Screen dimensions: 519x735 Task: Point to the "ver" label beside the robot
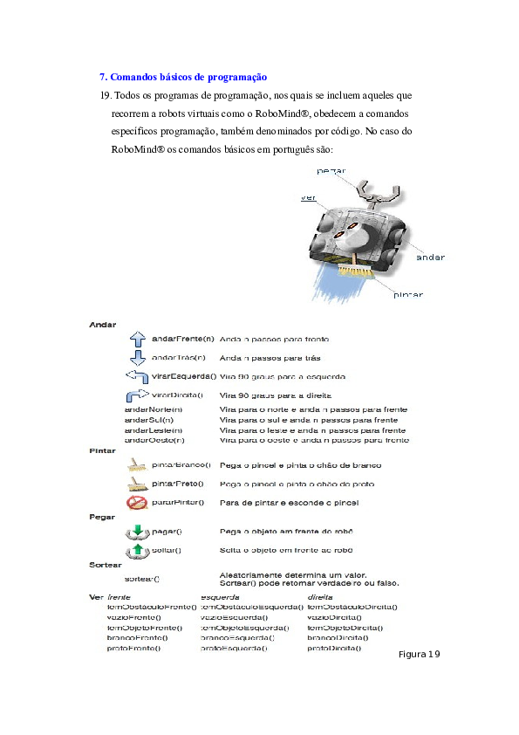click(x=307, y=198)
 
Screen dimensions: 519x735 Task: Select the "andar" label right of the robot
click(x=429, y=258)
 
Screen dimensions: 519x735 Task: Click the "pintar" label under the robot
click(x=406, y=295)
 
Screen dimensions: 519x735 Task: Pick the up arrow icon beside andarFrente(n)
click(x=137, y=339)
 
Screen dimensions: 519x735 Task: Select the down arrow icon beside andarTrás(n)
click(x=137, y=357)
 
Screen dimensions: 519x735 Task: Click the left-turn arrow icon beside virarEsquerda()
click(x=137, y=376)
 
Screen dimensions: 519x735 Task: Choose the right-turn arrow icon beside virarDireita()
click(x=137, y=395)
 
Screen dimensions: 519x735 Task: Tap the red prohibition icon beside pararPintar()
click(x=136, y=503)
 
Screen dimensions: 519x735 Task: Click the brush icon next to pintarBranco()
click(x=136, y=465)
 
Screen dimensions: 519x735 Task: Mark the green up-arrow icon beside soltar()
click(x=137, y=550)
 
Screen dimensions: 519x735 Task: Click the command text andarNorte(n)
click(x=154, y=409)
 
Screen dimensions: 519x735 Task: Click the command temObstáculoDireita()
click(x=352, y=606)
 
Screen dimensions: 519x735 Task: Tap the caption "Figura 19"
click(x=420, y=655)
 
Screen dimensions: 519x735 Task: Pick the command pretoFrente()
click(x=137, y=649)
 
